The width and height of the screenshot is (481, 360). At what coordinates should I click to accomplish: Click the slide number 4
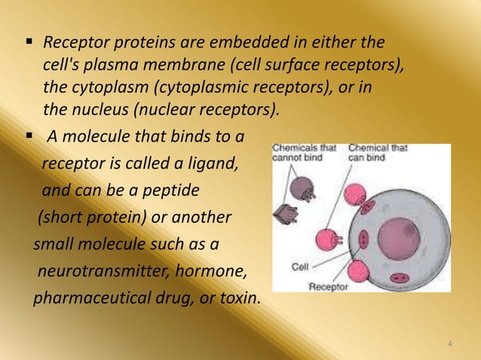[449, 345]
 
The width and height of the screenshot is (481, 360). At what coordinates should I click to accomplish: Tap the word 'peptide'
[173, 191]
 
